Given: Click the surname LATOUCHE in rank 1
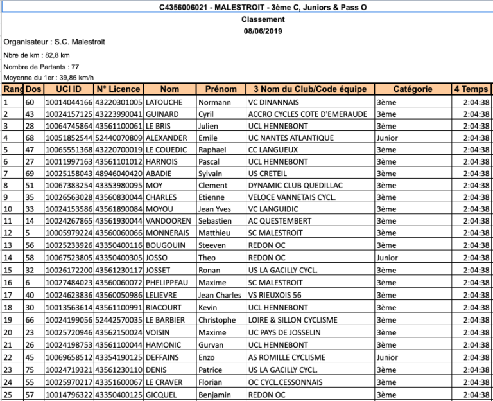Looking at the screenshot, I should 164,102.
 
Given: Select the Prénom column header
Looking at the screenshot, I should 221,89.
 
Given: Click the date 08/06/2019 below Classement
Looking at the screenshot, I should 263,31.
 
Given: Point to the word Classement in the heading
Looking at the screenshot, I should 263,20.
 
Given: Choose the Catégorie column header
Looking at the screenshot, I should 412,89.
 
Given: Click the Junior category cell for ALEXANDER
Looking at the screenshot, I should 387,138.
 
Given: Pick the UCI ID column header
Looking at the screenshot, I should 68,89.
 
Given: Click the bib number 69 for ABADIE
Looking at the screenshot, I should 30,174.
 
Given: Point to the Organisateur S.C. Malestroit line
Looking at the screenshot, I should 55,42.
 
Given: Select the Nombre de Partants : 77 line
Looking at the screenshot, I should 41,67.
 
